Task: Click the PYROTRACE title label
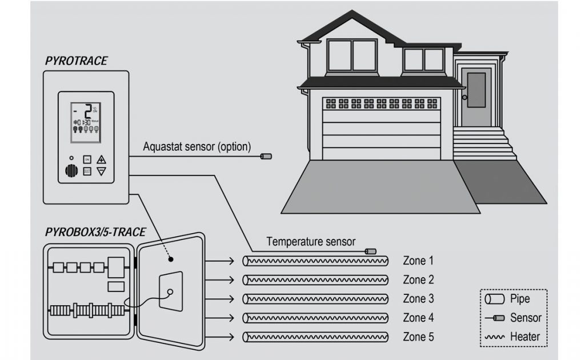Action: coord(75,61)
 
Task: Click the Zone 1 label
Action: coord(418,261)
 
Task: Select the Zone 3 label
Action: coord(418,299)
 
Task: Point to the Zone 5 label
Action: coord(418,337)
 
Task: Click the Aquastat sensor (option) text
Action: coord(197,147)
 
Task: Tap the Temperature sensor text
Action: coord(311,242)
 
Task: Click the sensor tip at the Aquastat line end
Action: coord(266,156)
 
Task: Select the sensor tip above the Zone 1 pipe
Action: coord(371,251)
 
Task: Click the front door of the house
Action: coord(476,97)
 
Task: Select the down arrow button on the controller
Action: coord(102,171)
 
